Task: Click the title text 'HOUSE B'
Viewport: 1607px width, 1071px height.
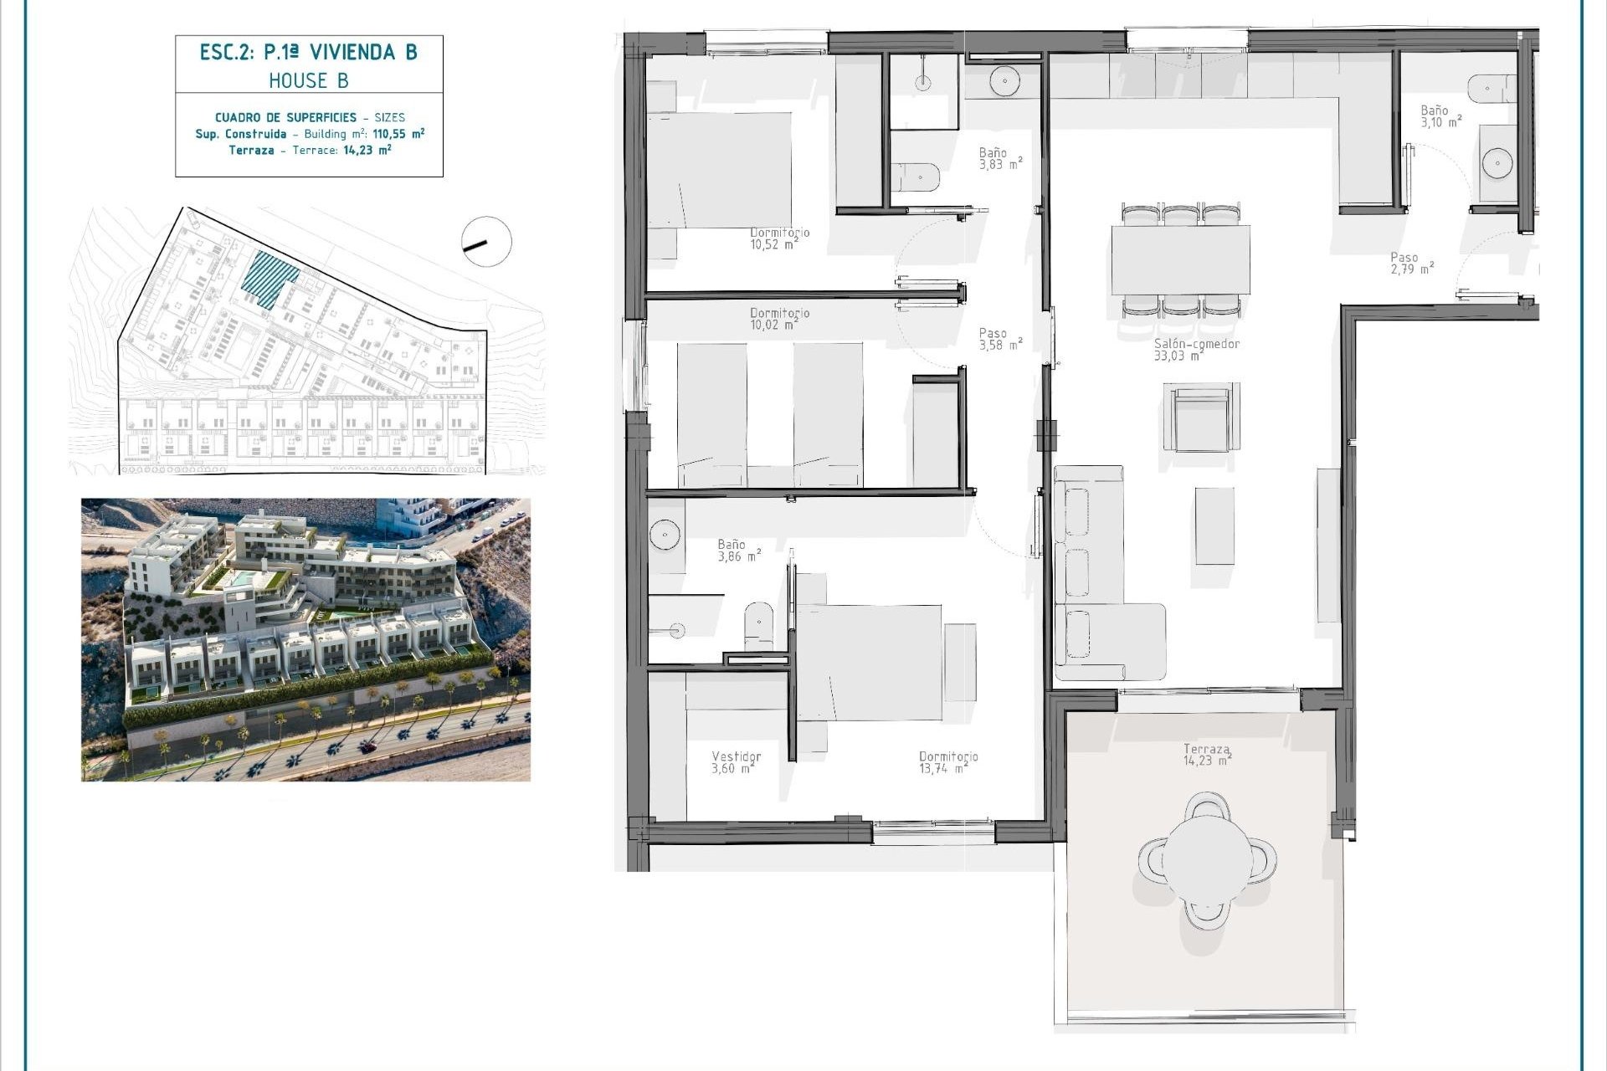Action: click(x=308, y=80)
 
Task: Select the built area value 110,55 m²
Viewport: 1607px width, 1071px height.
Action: click(x=398, y=134)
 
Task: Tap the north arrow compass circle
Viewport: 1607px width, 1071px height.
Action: click(x=486, y=242)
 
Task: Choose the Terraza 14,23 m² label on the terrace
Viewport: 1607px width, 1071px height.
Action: click(x=1207, y=755)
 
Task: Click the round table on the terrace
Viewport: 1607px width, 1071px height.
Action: click(x=1207, y=861)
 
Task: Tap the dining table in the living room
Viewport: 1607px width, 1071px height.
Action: click(x=1180, y=259)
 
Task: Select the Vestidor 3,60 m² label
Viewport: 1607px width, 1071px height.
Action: click(x=736, y=762)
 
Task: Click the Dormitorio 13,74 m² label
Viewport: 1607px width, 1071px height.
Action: click(x=948, y=762)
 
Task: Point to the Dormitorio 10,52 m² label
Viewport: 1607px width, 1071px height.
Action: click(x=779, y=238)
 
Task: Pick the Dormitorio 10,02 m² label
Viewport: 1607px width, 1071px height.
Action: click(x=779, y=319)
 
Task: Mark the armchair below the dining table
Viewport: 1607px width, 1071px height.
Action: click(x=1201, y=418)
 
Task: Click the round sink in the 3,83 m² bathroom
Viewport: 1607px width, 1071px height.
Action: click(x=1004, y=81)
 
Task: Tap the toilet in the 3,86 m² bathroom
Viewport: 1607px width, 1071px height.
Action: click(x=759, y=625)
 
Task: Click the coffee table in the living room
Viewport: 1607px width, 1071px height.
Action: click(x=1214, y=526)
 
